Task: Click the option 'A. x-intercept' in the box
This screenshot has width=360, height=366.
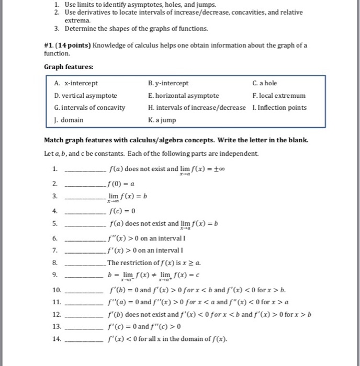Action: coord(76,83)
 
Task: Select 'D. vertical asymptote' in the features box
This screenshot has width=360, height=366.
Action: coord(86,96)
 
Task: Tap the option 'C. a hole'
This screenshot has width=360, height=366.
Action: coord(265,83)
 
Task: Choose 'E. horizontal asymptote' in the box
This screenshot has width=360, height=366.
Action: coord(183,96)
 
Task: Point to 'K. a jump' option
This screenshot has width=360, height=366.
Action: coord(163,120)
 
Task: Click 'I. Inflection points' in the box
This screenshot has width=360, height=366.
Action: coord(279,108)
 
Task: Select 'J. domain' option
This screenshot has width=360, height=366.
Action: coord(68,120)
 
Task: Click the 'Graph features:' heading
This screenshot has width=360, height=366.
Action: coord(69,67)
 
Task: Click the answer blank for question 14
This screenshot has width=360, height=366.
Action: coord(86,340)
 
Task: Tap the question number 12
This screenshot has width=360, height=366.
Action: coord(57,315)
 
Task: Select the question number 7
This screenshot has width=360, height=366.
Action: coord(55,250)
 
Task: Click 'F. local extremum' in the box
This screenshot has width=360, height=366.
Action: coord(278,96)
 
